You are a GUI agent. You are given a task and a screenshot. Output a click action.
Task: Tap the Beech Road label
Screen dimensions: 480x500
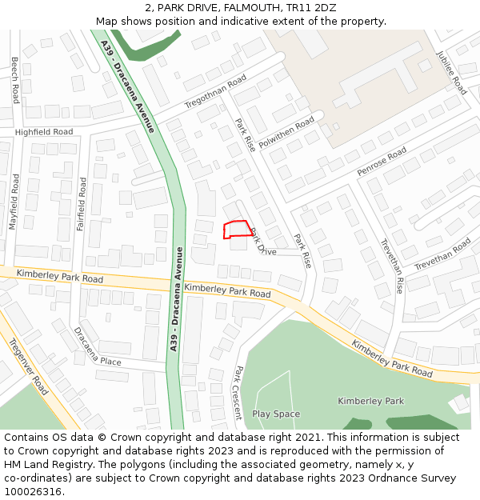(15, 80)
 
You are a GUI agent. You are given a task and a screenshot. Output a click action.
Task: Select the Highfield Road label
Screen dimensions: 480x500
(43, 131)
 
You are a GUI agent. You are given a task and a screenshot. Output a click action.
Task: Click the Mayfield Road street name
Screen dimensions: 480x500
(14, 203)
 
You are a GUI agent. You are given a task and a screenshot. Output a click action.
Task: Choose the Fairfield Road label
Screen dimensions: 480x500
(81, 204)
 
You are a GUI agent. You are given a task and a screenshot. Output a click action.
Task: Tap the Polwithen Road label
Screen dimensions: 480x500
(287, 134)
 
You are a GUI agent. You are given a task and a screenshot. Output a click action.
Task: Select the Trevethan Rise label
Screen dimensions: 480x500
(392, 266)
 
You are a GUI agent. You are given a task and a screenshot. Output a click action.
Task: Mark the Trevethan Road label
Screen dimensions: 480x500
(442, 254)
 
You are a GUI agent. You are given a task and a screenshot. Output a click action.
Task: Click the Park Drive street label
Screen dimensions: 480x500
(263, 242)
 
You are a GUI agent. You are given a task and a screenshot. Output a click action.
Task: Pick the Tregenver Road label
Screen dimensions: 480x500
(28, 366)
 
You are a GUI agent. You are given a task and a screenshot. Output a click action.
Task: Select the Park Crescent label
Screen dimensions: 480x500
(238, 393)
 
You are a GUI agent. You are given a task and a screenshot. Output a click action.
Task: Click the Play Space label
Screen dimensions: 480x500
(276, 414)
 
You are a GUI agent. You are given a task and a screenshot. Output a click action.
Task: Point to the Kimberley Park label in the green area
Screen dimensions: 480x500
(370, 401)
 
